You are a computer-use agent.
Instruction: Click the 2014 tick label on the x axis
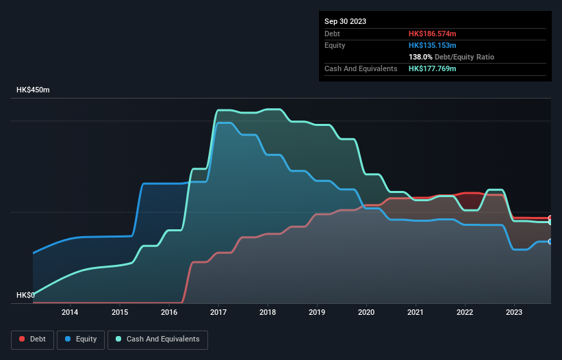click(x=70, y=313)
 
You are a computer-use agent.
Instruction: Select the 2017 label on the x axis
click(x=218, y=313)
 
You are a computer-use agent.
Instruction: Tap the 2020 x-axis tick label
click(x=366, y=313)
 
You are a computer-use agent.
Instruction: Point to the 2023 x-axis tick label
click(x=514, y=313)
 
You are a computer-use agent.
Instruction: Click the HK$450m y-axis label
click(x=33, y=90)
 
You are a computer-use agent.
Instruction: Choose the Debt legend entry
click(x=31, y=339)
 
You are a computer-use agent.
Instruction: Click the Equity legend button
click(x=81, y=339)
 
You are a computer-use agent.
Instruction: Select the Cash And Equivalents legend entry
click(x=157, y=339)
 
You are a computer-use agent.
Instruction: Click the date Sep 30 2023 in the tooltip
click(x=345, y=21)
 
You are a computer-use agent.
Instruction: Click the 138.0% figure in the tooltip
click(x=421, y=57)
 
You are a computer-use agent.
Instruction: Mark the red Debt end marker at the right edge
click(x=550, y=218)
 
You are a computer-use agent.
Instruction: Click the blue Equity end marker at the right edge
click(x=550, y=242)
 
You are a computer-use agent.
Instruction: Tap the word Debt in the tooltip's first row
click(x=333, y=34)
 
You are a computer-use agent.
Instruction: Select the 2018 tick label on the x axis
click(x=267, y=313)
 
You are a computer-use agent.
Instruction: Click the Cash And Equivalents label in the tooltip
click(x=361, y=68)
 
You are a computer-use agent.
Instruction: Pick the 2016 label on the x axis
click(x=168, y=313)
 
